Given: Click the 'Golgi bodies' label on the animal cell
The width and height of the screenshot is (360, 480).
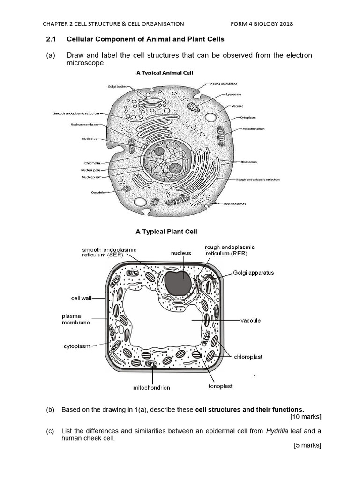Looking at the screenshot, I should pyautogui.click(x=117, y=87).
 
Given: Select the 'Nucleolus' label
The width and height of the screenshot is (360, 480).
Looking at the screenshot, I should pyautogui.click(x=90, y=138).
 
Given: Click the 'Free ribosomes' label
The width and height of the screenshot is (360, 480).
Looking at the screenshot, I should pyautogui.click(x=234, y=204).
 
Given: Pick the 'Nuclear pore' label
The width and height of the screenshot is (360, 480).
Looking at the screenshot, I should pyautogui.click(x=89, y=169).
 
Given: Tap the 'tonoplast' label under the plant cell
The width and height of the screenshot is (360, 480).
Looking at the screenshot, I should pyautogui.click(x=220, y=386).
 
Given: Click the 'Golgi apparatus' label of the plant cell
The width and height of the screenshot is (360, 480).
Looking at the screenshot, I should pyautogui.click(x=253, y=273).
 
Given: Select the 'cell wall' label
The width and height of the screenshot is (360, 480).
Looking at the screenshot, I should pyautogui.click(x=81, y=297).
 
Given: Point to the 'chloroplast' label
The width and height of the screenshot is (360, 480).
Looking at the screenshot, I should pyautogui.click(x=248, y=357).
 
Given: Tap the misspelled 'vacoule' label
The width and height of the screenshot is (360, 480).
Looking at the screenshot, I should pyautogui.click(x=251, y=321).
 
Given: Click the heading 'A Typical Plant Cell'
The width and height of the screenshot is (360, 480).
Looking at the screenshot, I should pyautogui.click(x=166, y=232).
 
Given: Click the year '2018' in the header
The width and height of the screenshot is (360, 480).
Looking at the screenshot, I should pyautogui.click(x=285, y=24).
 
